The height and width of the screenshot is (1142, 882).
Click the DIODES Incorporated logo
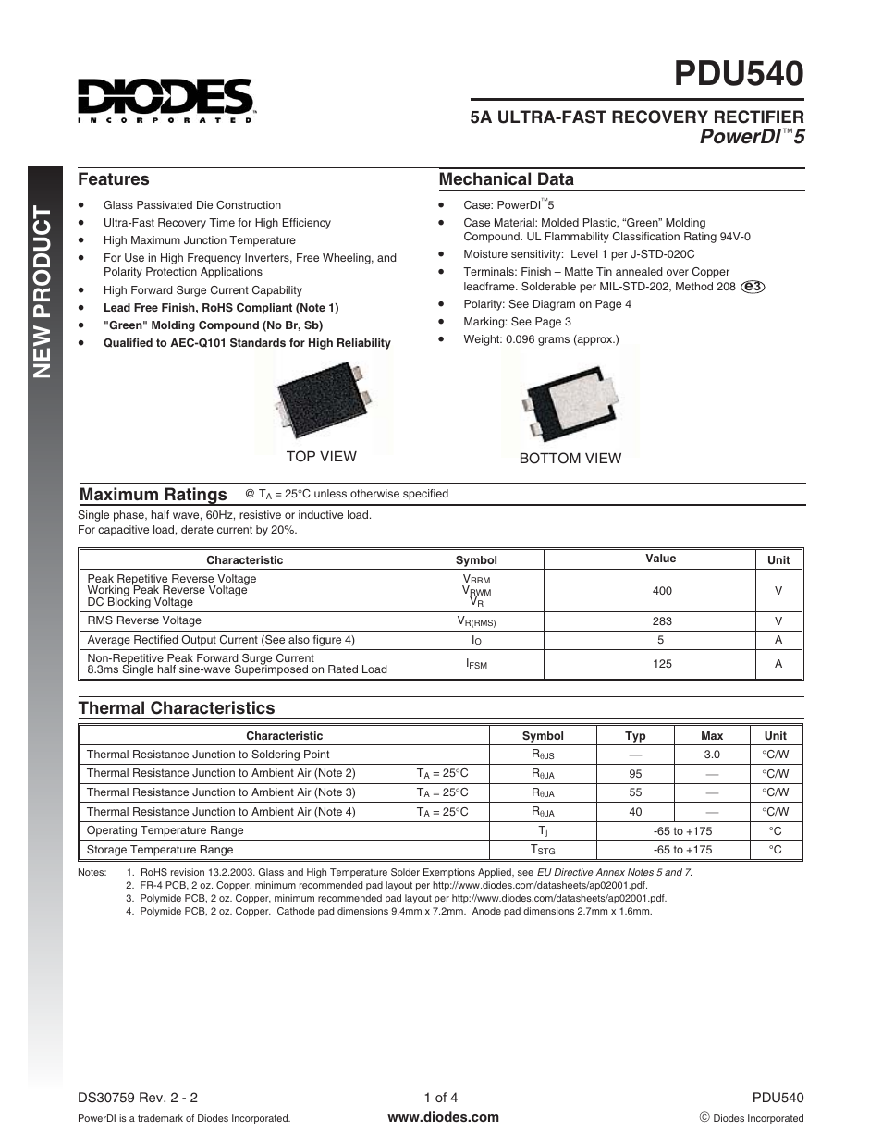[165, 100]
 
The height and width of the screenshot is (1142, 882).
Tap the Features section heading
[113, 179]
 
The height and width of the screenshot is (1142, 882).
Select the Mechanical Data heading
[506, 179]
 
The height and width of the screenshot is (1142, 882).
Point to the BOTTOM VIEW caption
[570, 459]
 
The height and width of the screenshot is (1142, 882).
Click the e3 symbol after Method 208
[753, 287]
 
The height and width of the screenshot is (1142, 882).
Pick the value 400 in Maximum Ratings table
[662, 591]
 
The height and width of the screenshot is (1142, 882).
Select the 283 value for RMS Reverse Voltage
[662, 621]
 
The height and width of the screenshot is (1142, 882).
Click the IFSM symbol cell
[476, 664]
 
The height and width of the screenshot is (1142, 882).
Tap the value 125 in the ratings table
[662, 664]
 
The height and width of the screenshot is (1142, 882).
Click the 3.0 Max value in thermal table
[711, 755]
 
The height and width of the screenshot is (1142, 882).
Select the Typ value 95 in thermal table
[635, 774]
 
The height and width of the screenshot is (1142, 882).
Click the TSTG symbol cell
[542, 850]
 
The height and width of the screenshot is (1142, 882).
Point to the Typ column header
[635, 736]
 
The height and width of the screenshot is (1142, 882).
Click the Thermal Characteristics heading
[176, 708]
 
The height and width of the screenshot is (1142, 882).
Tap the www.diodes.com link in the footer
[443, 1117]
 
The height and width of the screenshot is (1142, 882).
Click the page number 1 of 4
[441, 1099]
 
